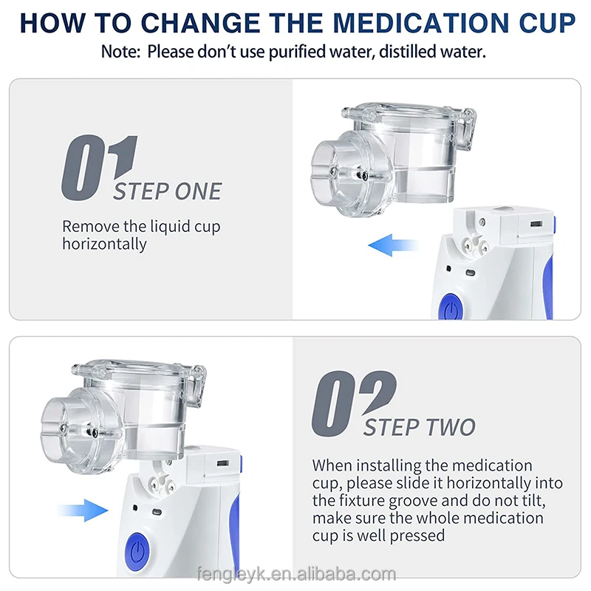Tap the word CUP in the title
tap(547, 23)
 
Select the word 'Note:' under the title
tap(120, 52)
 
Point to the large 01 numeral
tap(99, 168)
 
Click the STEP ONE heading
tap(168, 191)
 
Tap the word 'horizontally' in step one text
tap(104, 244)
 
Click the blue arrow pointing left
tap(393, 245)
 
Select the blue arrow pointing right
tap(83, 510)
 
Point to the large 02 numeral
tap(354, 403)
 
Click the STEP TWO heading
tap(419, 427)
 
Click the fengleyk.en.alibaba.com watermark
tap(297, 574)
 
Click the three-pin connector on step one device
tap(475, 245)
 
